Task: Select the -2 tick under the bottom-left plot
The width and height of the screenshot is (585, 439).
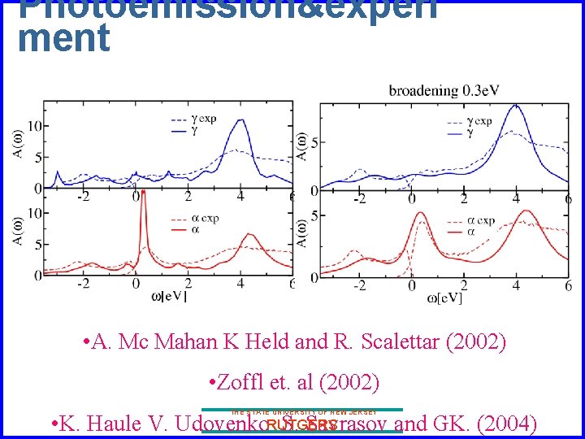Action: [83, 284]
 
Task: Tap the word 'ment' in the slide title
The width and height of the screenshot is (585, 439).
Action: [63, 38]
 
